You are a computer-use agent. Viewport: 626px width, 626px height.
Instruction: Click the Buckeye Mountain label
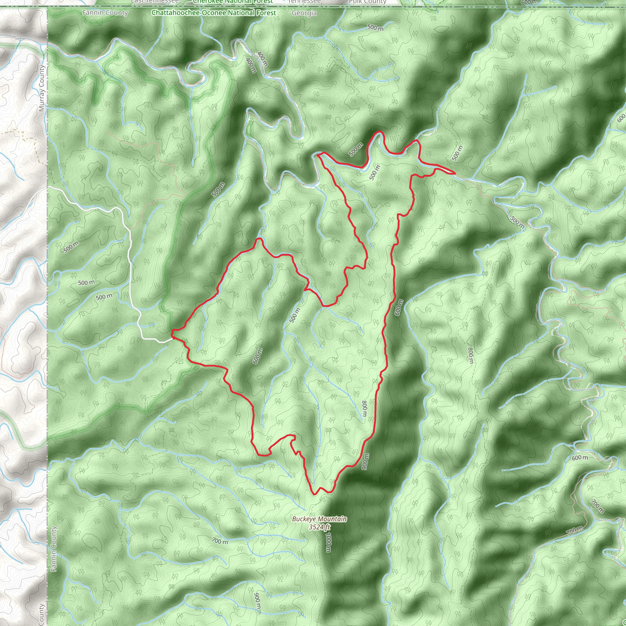319,519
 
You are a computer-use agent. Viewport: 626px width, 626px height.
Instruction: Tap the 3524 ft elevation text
319,527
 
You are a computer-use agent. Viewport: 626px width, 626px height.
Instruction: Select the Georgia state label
304,13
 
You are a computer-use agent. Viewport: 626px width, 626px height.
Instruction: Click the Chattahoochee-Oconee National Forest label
214,13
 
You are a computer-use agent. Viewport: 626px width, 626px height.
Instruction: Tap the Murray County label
42,88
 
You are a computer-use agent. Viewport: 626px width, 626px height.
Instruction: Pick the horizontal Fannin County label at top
105,13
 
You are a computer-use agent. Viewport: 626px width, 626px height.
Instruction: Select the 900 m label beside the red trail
365,461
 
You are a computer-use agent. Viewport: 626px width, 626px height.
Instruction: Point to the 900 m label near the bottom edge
257,601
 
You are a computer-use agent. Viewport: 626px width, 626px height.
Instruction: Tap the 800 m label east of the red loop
470,355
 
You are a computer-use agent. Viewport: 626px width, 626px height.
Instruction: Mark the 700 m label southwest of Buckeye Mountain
220,541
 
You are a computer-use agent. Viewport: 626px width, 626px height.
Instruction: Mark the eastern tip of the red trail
455,173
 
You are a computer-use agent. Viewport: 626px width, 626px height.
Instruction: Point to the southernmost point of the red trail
314,495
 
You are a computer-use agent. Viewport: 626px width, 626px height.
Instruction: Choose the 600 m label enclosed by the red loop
258,356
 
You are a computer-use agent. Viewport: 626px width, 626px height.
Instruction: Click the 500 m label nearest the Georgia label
375,28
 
